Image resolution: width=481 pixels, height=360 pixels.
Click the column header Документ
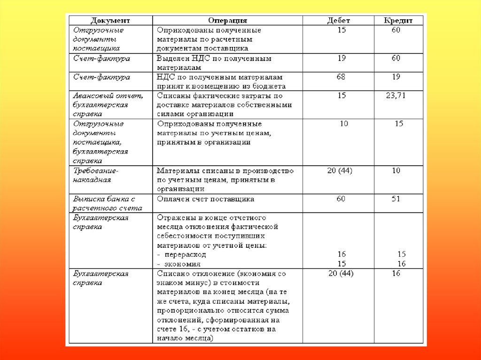tap(110, 21)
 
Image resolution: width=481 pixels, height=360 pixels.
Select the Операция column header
tap(228, 21)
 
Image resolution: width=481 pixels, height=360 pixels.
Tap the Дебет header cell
tap(338, 21)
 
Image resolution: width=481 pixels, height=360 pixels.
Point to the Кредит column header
tap(398, 21)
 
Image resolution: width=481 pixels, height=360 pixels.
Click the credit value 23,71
tap(396, 95)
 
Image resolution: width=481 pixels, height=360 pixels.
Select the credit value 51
tap(396, 199)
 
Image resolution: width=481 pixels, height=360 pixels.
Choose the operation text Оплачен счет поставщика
tap(206, 199)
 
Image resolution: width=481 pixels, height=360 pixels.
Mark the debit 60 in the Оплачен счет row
tap(341, 199)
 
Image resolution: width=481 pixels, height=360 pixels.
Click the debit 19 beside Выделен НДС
tap(341, 58)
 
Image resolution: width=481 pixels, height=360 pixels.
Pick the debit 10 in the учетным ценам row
tap(344, 124)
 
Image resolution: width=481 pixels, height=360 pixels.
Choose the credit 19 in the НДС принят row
tap(396, 77)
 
